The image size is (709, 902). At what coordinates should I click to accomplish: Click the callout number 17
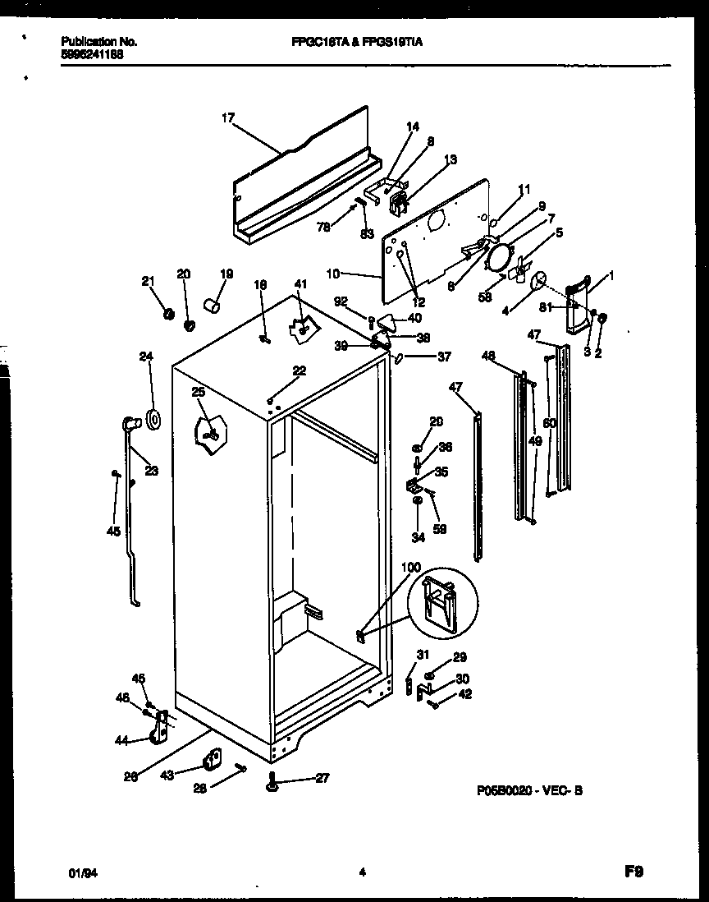(x=227, y=118)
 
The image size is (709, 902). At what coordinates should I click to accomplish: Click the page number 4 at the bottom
(x=361, y=874)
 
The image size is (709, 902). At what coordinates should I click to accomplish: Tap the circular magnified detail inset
(x=442, y=602)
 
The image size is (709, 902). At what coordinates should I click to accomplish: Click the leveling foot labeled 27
(x=272, y=786)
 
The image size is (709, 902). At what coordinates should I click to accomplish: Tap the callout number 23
(x=153, y=471)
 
